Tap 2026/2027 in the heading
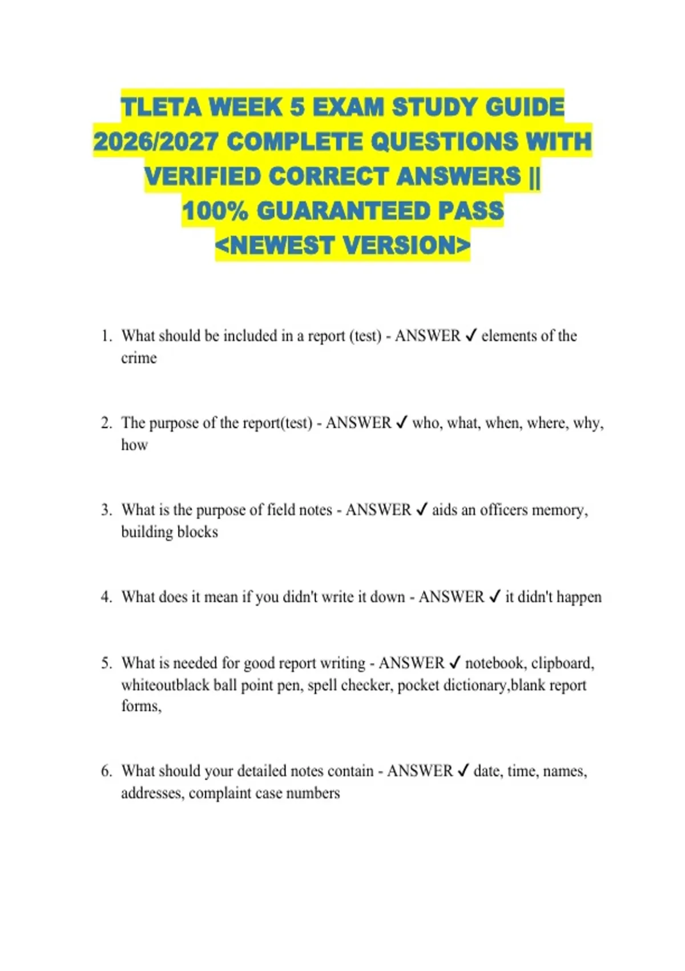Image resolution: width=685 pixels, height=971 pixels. [155, 142]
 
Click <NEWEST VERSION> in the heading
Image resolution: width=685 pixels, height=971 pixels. [342, 246]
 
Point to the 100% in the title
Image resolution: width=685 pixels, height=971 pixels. [215, 211]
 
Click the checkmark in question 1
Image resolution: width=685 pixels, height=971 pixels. [471, 336]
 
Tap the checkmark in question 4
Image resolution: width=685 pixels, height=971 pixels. [494, 597]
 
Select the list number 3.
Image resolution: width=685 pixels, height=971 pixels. [106, 509]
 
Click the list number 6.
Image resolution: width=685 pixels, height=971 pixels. [106, 771]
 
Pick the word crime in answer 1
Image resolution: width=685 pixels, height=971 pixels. [139, 358]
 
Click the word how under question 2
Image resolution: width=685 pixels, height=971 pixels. [134, 445]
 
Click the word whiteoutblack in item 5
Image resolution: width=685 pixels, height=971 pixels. [165, 685]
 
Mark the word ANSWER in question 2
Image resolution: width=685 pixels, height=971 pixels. [358, 423]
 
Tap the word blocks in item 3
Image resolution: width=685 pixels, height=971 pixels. [198, 532]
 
